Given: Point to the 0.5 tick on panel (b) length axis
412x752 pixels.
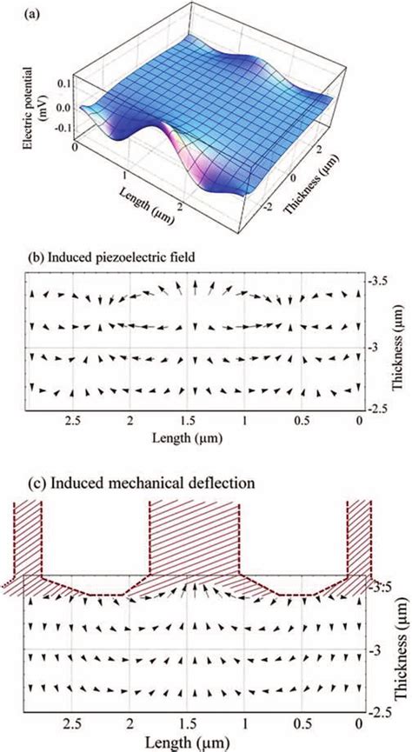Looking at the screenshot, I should click(x=302, y=420).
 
